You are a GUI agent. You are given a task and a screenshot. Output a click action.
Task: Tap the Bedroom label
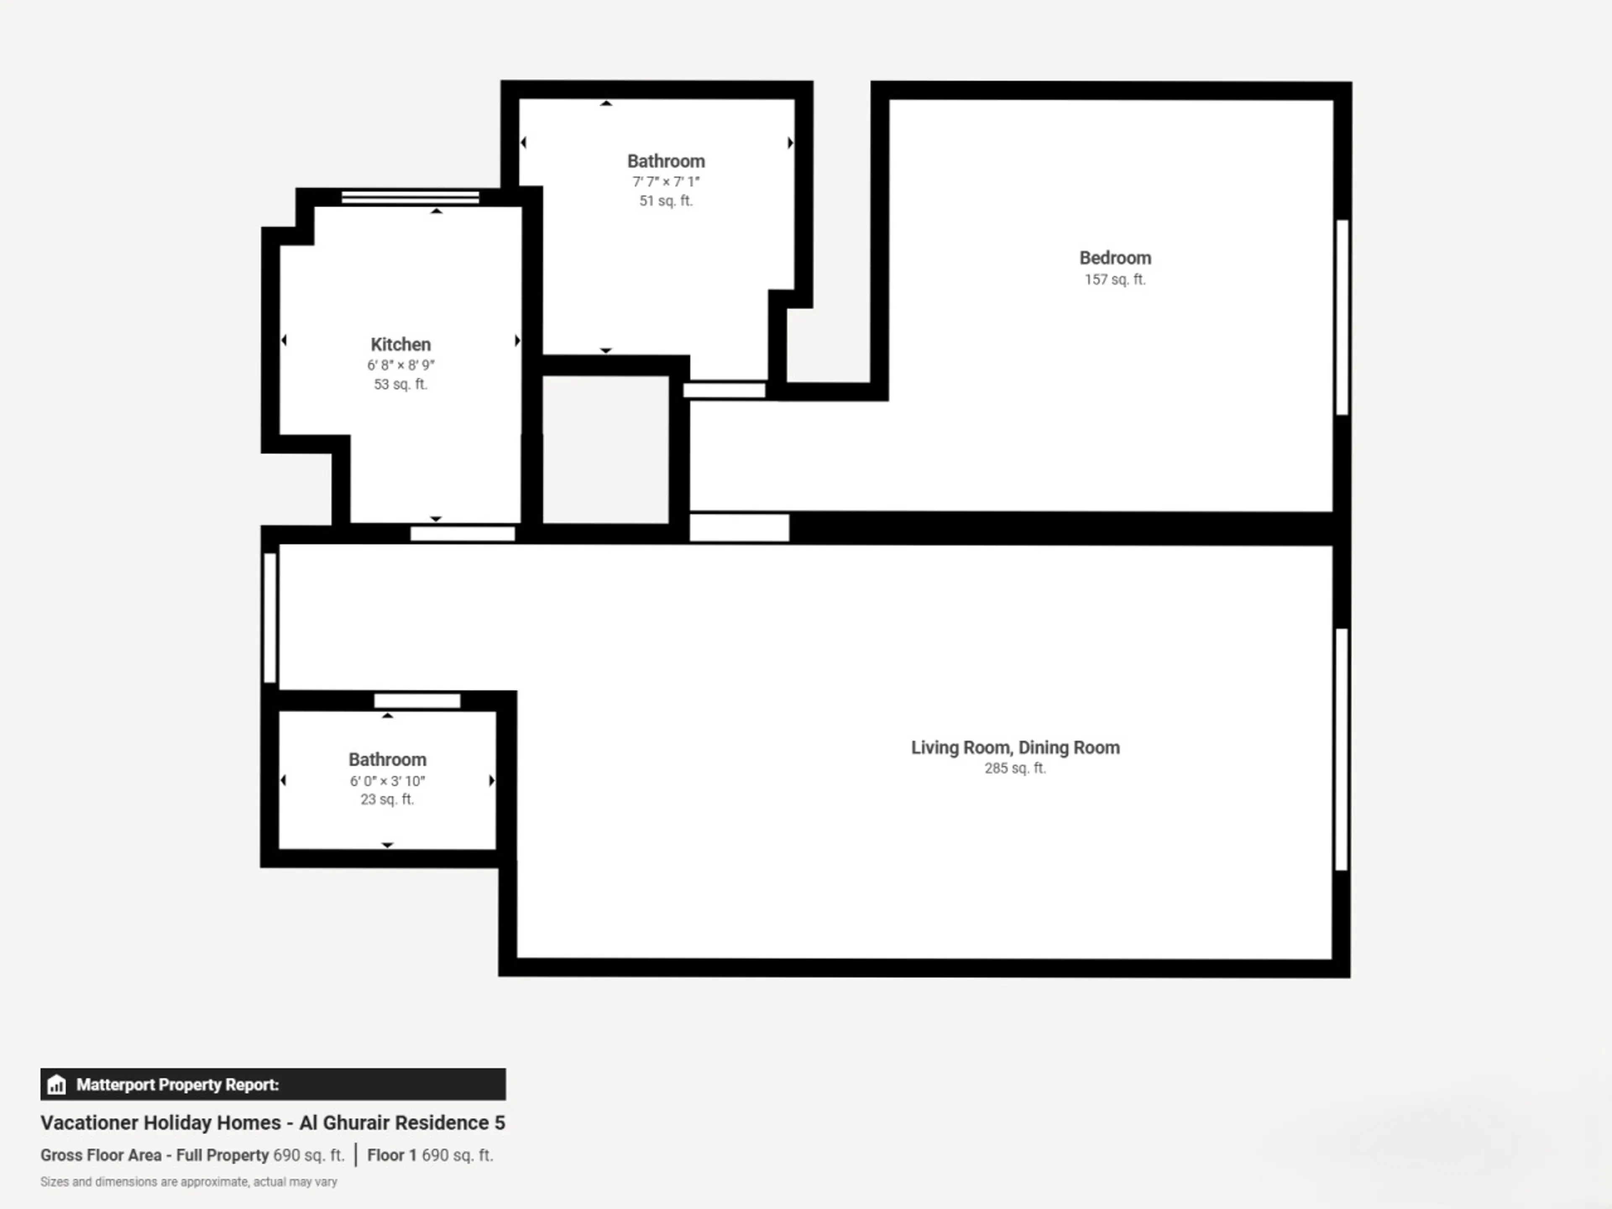(1115, 258)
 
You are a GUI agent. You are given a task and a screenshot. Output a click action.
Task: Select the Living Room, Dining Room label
(1015, 748)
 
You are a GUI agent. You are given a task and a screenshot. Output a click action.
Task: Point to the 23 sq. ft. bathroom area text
(387, 799)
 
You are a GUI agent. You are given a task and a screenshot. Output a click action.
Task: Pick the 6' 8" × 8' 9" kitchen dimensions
(401, 365)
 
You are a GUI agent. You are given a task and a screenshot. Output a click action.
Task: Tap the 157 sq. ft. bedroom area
(1115, 280)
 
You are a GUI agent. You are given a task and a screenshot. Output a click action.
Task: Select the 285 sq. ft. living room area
(1015, 768)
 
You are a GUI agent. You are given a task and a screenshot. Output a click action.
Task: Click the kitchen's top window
(410, 197)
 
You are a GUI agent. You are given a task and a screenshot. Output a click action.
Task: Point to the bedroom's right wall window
(1342, 317)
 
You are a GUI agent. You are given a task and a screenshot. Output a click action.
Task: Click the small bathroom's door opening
(417, 701)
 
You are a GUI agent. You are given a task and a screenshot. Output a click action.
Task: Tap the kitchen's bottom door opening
(463, 534)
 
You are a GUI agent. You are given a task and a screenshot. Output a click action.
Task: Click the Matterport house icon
(56, 1085)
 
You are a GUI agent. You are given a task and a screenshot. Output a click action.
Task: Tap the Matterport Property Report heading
(178, 1085)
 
